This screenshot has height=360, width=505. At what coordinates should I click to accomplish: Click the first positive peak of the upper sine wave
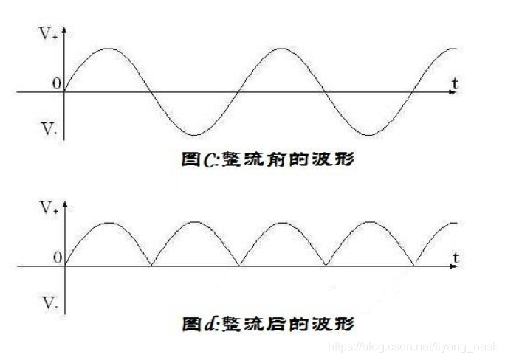point(108,49)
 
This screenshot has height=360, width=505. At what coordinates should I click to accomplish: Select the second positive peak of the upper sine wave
point(281,49)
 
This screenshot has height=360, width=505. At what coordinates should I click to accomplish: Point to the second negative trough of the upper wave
point(368,135)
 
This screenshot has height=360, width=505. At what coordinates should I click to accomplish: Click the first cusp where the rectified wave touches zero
point(151,266)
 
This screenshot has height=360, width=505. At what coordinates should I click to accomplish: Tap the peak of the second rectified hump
point(194,222)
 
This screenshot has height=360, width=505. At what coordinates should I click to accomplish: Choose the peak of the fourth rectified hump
point(368,222)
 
